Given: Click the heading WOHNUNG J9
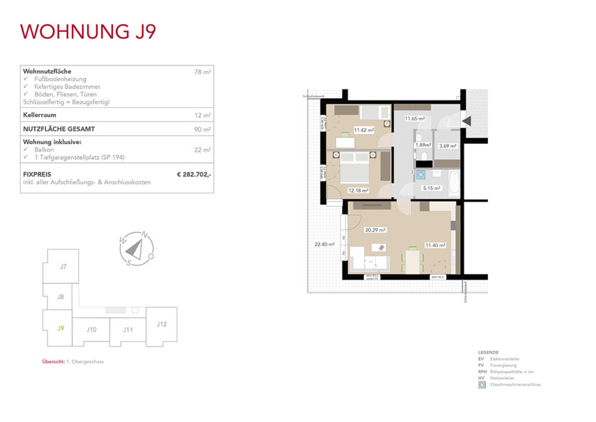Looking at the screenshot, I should [88, 31].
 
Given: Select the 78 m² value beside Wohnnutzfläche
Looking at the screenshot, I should [203, 72].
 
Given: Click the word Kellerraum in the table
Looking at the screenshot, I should [40, 115].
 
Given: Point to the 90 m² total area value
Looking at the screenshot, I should [203, 129].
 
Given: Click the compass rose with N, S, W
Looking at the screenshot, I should [135, 249].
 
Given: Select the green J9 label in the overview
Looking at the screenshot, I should [60, 328].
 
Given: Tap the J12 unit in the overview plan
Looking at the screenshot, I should [161, 324].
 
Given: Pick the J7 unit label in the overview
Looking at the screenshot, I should [63, 266].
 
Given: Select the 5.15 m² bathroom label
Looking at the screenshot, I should [431, 188].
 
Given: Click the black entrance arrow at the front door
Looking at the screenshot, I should [467, 121].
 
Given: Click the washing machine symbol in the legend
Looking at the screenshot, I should [481, 385].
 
